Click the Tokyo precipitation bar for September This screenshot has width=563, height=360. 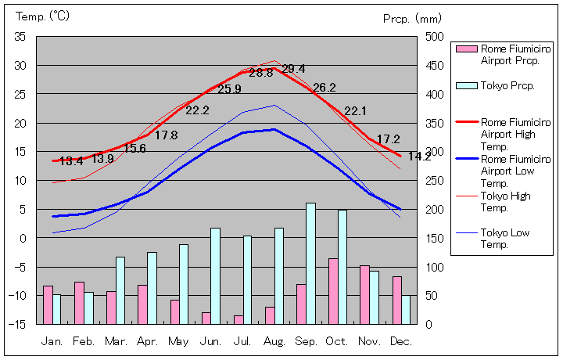point(310,263)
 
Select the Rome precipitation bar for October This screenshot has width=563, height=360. point(333,290)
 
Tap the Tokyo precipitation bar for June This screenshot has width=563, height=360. point(215,275)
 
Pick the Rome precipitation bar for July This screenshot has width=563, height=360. point(238,319)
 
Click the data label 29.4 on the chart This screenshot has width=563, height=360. point(293,69)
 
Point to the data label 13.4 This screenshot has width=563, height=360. point(71,161)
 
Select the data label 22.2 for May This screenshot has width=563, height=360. point(197,110)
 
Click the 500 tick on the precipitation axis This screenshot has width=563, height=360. point(435,37)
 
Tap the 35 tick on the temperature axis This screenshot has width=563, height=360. point(20,37)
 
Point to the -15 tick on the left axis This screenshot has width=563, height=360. point(18,324)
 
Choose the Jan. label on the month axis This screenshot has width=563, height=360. point(52,341)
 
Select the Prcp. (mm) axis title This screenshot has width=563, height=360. point(412,17)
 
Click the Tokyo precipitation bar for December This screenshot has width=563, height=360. point(405,309)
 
